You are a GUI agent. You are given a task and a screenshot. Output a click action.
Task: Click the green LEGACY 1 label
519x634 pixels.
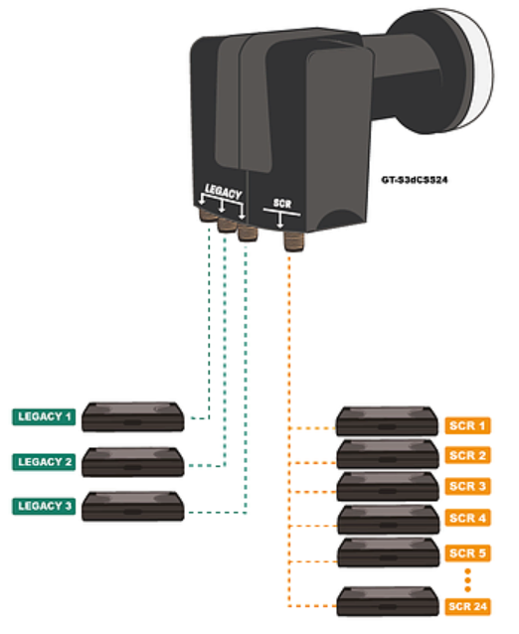(44, 417)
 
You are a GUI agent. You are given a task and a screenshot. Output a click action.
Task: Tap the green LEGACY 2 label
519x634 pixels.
(44, 462)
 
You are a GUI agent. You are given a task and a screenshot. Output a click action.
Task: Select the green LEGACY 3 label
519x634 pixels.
(44, 506)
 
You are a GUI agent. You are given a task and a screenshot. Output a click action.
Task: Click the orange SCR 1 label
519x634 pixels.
(467, 425)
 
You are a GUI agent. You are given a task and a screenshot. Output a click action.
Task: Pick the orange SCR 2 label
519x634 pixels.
(467, 455)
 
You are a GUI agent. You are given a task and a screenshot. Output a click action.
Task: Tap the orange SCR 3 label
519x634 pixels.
(467, 486)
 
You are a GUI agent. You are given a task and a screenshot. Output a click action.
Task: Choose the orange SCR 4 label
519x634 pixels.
(467, 518)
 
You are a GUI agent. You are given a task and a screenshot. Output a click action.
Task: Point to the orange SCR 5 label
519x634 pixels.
(467, 553)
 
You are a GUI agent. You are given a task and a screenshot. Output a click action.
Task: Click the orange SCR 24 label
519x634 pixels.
(467, 606)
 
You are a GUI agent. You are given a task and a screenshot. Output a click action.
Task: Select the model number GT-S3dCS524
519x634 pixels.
(415, 180)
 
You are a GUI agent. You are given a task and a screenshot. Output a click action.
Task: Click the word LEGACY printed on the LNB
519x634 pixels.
(224, 191)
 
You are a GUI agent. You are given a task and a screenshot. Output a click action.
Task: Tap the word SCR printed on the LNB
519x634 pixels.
(282, 203)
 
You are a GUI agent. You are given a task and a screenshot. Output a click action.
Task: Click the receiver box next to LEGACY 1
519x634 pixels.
(132, 417)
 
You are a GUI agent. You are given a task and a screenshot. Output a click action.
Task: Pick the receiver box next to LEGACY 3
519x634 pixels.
(132, 506)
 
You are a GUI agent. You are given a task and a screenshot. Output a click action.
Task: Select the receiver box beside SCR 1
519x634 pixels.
(387, 421)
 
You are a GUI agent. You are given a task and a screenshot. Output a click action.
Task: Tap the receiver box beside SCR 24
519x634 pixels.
(387, 601)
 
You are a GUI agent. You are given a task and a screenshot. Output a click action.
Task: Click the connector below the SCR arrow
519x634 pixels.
(293, 241)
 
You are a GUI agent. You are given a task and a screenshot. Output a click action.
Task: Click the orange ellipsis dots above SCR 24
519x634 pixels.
(467, 580)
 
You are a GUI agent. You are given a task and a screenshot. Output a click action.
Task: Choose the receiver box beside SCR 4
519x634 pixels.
(389, 520)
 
